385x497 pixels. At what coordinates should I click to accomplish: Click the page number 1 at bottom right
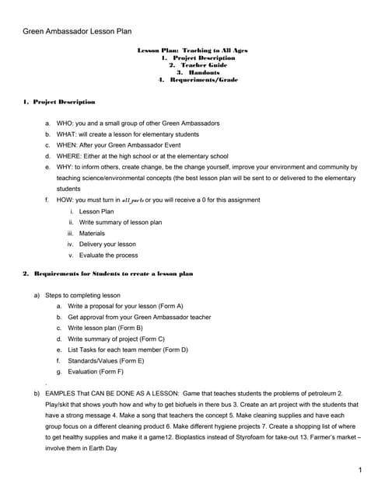pos(360,471)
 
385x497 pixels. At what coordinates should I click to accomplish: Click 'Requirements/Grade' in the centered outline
pos(199,80)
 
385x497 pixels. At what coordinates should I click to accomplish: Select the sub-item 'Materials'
pos(92,233)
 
